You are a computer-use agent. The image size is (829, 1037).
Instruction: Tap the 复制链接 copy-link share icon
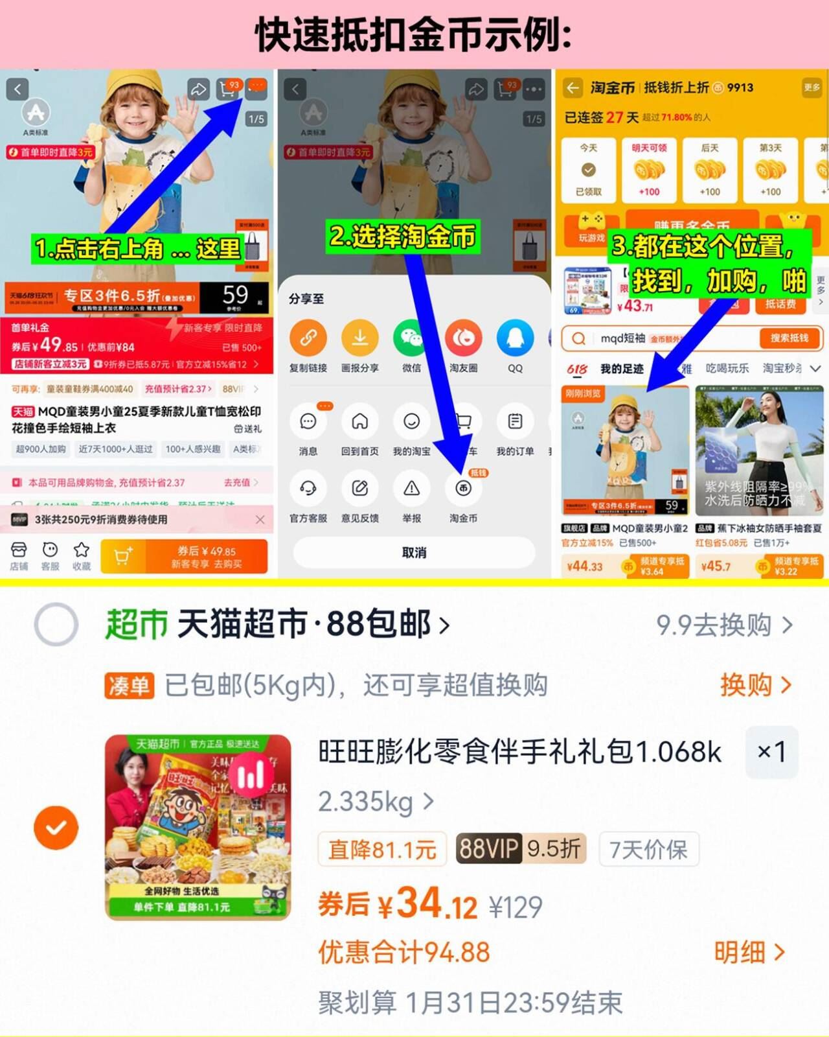308,338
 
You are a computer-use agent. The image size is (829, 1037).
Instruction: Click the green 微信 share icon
411,338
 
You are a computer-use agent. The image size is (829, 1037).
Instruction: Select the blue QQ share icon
515,338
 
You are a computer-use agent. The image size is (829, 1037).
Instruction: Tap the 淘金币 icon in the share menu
463,489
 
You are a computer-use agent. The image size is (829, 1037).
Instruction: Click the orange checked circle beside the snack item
56,828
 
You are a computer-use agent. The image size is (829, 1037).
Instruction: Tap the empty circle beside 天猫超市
56,625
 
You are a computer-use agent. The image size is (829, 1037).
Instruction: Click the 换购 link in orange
755,685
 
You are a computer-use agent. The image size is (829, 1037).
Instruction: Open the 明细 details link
749,952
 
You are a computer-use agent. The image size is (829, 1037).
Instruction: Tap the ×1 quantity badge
771,752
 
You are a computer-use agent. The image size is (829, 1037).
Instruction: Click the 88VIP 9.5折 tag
521,848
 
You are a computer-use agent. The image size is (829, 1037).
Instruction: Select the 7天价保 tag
649,849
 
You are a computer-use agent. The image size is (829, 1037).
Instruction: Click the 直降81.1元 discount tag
382,849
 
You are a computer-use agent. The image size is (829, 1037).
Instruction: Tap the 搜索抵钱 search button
789,338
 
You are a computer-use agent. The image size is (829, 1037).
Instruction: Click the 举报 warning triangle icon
411,489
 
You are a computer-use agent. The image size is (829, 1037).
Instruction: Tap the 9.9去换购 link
723,625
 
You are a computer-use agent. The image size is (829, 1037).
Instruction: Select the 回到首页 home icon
359,422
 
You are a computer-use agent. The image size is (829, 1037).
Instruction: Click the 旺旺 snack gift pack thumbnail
198,827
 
